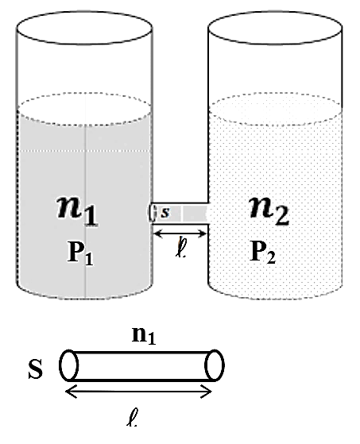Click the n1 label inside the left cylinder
pos(77,210)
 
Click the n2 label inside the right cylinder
pos(269,210)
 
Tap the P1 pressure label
pos(80,253)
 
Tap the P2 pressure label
pos(262,252)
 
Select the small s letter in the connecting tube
pos(165,212)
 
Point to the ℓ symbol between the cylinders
pos(180,248)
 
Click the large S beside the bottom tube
pos(36,369)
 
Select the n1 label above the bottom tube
pos(144,335)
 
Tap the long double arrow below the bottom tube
pos(138,392)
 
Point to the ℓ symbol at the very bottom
pos(132,417)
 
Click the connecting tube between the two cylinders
pos(180,213)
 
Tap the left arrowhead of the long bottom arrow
pos(71,392)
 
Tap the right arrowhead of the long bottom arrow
pos(206,392)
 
